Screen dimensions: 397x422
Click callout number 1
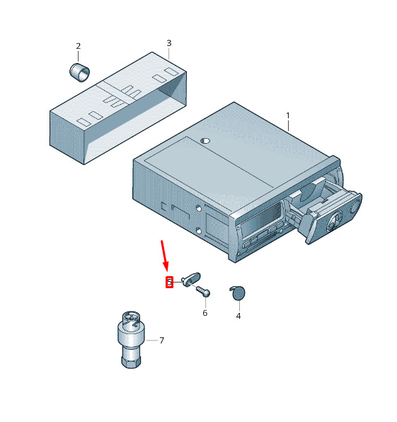click(x=288, y=115)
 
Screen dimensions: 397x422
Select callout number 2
click(x=79, y=46)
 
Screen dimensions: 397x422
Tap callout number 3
click(x=169, y=43)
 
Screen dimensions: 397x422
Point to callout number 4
click(x=238, y=316)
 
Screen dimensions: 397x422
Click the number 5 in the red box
click(x=169, y=283)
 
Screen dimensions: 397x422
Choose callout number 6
click(x=205, y=313)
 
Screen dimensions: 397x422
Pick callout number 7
click(x=161, y=341)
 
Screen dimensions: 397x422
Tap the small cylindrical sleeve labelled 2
click(x=80, y=72)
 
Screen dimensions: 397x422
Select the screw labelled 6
click(x=203, y=291)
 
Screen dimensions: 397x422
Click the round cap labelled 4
click(x=238, y=293)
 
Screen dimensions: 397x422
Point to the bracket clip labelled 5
click(x=191, y=280)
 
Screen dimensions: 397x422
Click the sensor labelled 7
click(x=131, y=340)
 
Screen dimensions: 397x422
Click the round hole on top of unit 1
click(x=205, y=140)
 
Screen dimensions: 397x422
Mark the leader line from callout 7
click(x=152, y=341)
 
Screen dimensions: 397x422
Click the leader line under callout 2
click(x=79, y=57)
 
